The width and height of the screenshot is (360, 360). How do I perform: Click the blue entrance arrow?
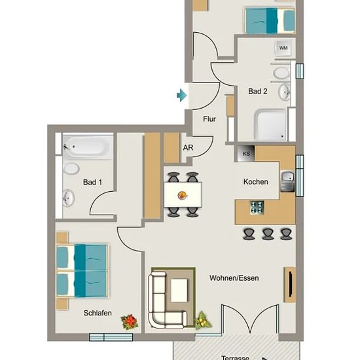pos(182,95)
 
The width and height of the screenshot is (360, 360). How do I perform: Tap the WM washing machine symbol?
pos(283,48)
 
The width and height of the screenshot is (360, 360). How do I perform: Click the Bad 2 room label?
pos(258,91)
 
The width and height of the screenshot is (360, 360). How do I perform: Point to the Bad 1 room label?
pos(92,182)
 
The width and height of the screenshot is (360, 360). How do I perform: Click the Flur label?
pos(209,119)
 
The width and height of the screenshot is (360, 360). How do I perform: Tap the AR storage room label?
pos(188,148)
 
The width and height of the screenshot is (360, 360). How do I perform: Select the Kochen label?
pos(255,181)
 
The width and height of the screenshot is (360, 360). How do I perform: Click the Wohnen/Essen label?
pos(234,278)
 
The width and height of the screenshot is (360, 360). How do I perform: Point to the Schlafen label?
pos(98,313)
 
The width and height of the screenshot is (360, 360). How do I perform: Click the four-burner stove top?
pos(257,207)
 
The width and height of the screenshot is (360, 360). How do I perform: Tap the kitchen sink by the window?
pos(287,181)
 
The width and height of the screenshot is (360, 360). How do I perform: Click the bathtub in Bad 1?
pos(88,146)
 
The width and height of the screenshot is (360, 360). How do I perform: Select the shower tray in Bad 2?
pos(271,124)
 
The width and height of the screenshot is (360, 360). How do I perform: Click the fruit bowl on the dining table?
pos(183,196)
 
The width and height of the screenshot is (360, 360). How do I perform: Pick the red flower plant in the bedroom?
pos(130,322)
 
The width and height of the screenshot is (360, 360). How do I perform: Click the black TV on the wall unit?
pos(291,284)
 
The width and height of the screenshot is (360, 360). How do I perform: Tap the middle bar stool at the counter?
pos(267,234)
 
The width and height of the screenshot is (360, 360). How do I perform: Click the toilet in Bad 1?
pos(71,168)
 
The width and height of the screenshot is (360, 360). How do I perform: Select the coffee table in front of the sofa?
pos(179,290)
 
